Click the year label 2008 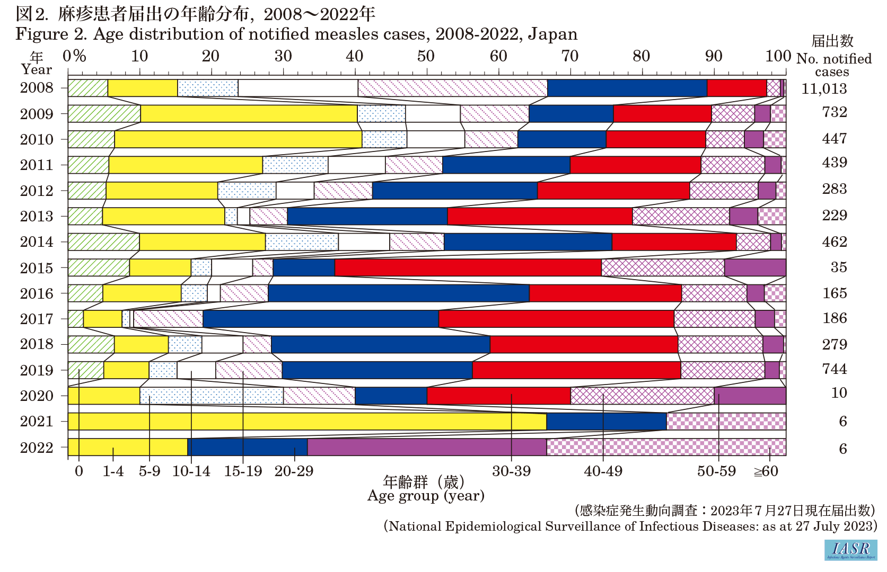click(x=37, y=88)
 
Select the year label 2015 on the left click(x=37, y=268)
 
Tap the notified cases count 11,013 click(x=824, y=89)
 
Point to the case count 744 click(x=835, y=369)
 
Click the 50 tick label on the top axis click(x=426, y=56)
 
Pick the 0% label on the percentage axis click(x=74, y=56)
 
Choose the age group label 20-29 click(x=294, y=471)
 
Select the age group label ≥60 click(x=766, y=471)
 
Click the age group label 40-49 click(x=603, y=471)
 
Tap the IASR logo click(x=850, y=550)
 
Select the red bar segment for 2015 click(x=468, y=268)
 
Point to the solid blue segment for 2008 click(x=627, y=88)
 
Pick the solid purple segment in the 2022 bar click(x=427, y=448)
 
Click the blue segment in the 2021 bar click(x=606, y=422)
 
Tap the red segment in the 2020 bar click(x=498, y=396)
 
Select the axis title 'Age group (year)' click(x=426, y=496)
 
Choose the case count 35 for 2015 click(x=839, y=267)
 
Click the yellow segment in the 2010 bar click(x=238, y=139)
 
